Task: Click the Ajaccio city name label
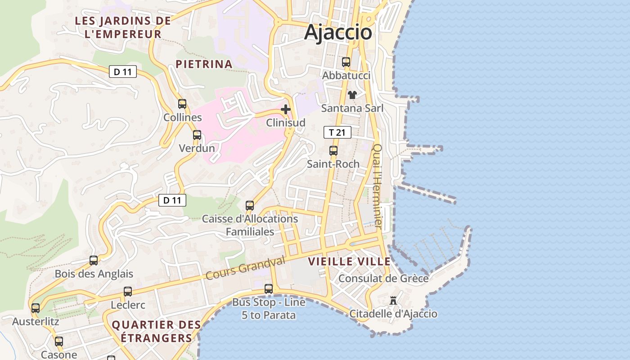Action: point(338,32)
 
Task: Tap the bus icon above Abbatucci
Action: point(346,62)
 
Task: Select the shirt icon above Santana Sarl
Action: point(352,94)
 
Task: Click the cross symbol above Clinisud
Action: point(285,109)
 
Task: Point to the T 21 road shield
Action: point(337,132)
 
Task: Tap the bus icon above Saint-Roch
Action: point(333,151)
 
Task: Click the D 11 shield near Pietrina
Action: point(122,72)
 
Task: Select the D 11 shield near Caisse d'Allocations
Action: point(172,200)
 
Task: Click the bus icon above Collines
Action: point(182,104)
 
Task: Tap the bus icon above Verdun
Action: point(197,135)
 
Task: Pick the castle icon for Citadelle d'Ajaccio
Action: point(393,300)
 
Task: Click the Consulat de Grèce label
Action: point(383,279)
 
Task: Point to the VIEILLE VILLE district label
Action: point(349,261)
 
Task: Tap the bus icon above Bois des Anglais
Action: point(94,260)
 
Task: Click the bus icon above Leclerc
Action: point(128,291)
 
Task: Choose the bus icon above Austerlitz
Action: point(36,308)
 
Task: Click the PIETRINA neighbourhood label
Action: point(204,64)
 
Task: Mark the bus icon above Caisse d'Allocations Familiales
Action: point(249,206)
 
